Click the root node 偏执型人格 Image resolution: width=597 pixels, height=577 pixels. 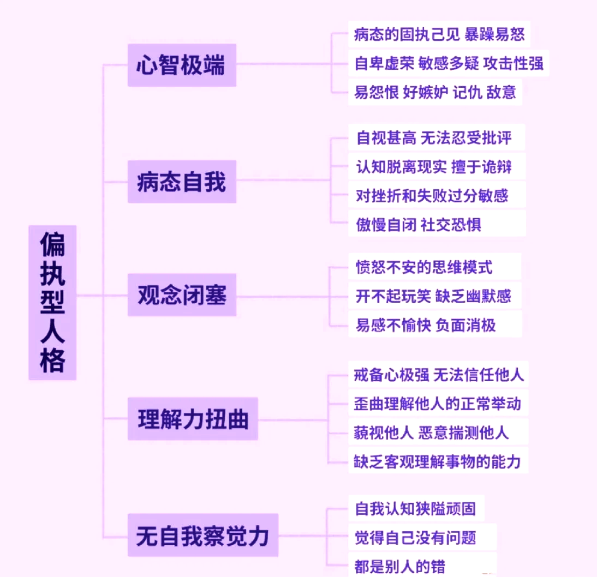pyautogui.click(x=52, y=302)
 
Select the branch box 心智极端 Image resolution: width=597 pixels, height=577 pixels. pyautogui.click(x=182, y=65)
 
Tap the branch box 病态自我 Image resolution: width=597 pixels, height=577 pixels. pyautogui.click(x=182, y=182)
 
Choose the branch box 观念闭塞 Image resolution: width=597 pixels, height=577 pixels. pyautogui.click(x=182, y=296)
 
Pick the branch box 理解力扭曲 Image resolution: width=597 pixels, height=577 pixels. pyautogui.click(x=193, y=419)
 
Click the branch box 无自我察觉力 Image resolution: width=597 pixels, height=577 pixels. pyautogui.click(x=202, y=535)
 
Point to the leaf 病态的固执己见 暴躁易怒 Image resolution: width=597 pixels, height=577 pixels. pyautogui.click(x=439, y=35)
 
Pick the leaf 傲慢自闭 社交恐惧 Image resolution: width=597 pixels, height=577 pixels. pyautogui.click(x=419, y=224)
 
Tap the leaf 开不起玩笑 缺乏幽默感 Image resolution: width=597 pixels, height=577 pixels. pyautogui.click(x=433, y=296)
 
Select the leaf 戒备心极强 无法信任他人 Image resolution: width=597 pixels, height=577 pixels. pyautogui.click(x=439, y=375)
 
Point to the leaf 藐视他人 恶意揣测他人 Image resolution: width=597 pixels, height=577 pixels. pyautogui.click(x=431, y=432)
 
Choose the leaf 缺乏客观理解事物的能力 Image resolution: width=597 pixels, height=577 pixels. pyautogui.click(x=438, y=461)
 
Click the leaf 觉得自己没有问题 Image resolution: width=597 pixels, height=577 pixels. pyautogui.click(x=416, y=537)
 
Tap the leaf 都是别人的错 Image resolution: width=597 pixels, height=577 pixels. pyautogui.click(x=400, y=566)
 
